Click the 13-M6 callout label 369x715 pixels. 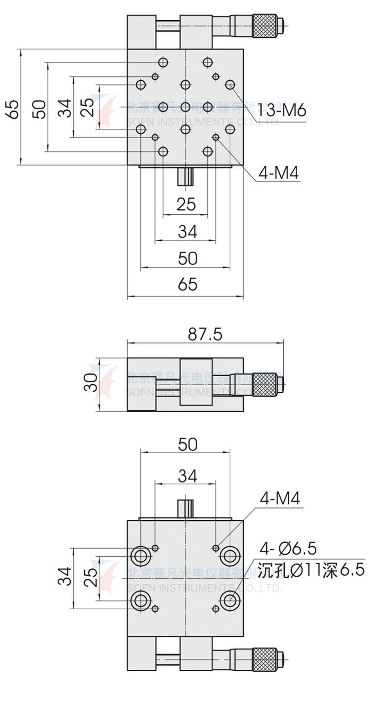(x=281, y=111)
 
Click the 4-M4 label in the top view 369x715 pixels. (x=278, y=173)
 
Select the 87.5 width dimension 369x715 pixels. (x=205, y=334)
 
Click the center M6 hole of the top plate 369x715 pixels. (x=185, y=107)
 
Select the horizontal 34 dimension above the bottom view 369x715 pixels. (x=186, y=476)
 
